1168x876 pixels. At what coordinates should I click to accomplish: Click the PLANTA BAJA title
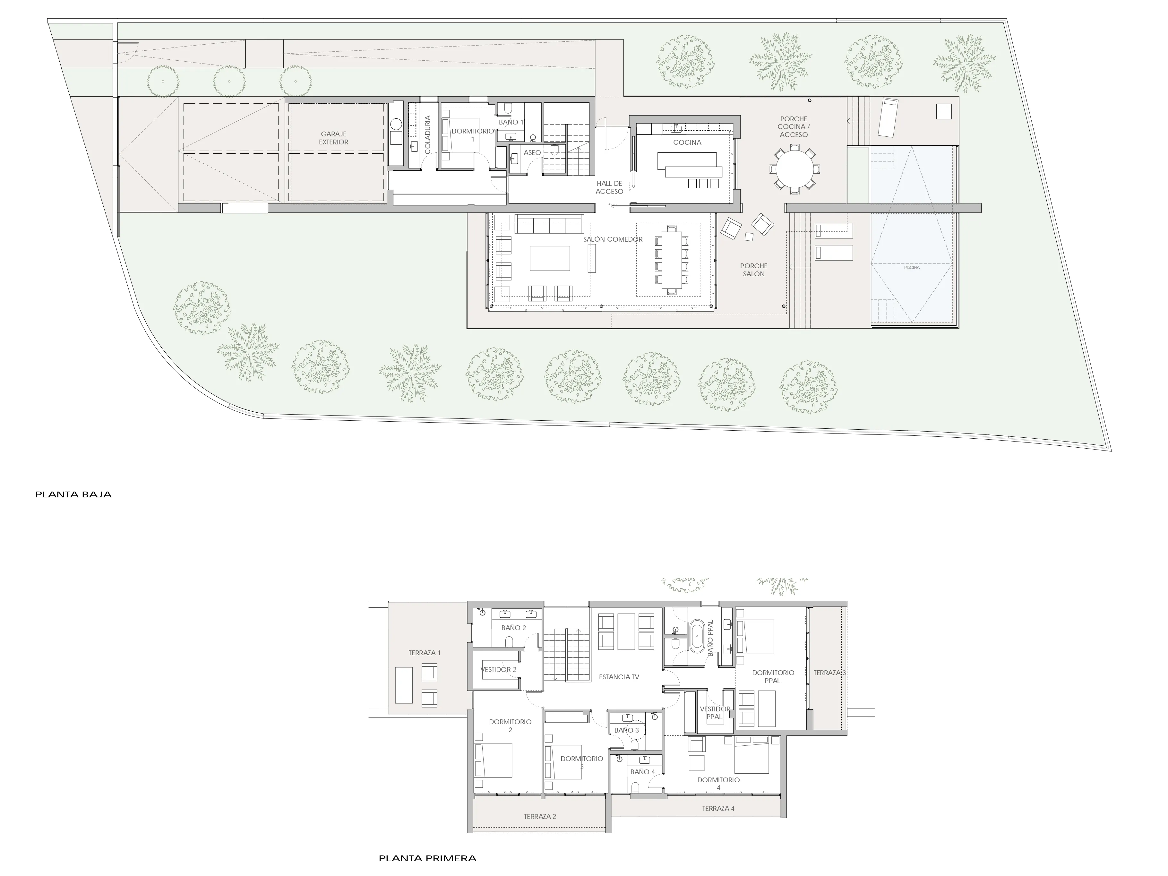[x=73, y=495]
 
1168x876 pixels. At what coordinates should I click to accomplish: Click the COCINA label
[x=687, y=142]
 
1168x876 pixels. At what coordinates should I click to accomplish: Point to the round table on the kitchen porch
[x=795, y=169]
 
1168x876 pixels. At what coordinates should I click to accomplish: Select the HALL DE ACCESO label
[x=609, y=187]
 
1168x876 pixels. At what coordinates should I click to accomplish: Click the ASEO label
[x=532, y=153]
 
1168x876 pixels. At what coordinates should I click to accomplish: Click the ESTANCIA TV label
[x=619, y=677]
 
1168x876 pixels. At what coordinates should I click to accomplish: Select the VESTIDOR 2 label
[x=498, y=670]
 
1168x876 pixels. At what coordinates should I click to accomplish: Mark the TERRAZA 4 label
[x=717, y=808]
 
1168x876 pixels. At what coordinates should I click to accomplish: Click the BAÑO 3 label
[x=626, y=730]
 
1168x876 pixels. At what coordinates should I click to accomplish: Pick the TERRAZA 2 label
[x=540, y=816]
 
